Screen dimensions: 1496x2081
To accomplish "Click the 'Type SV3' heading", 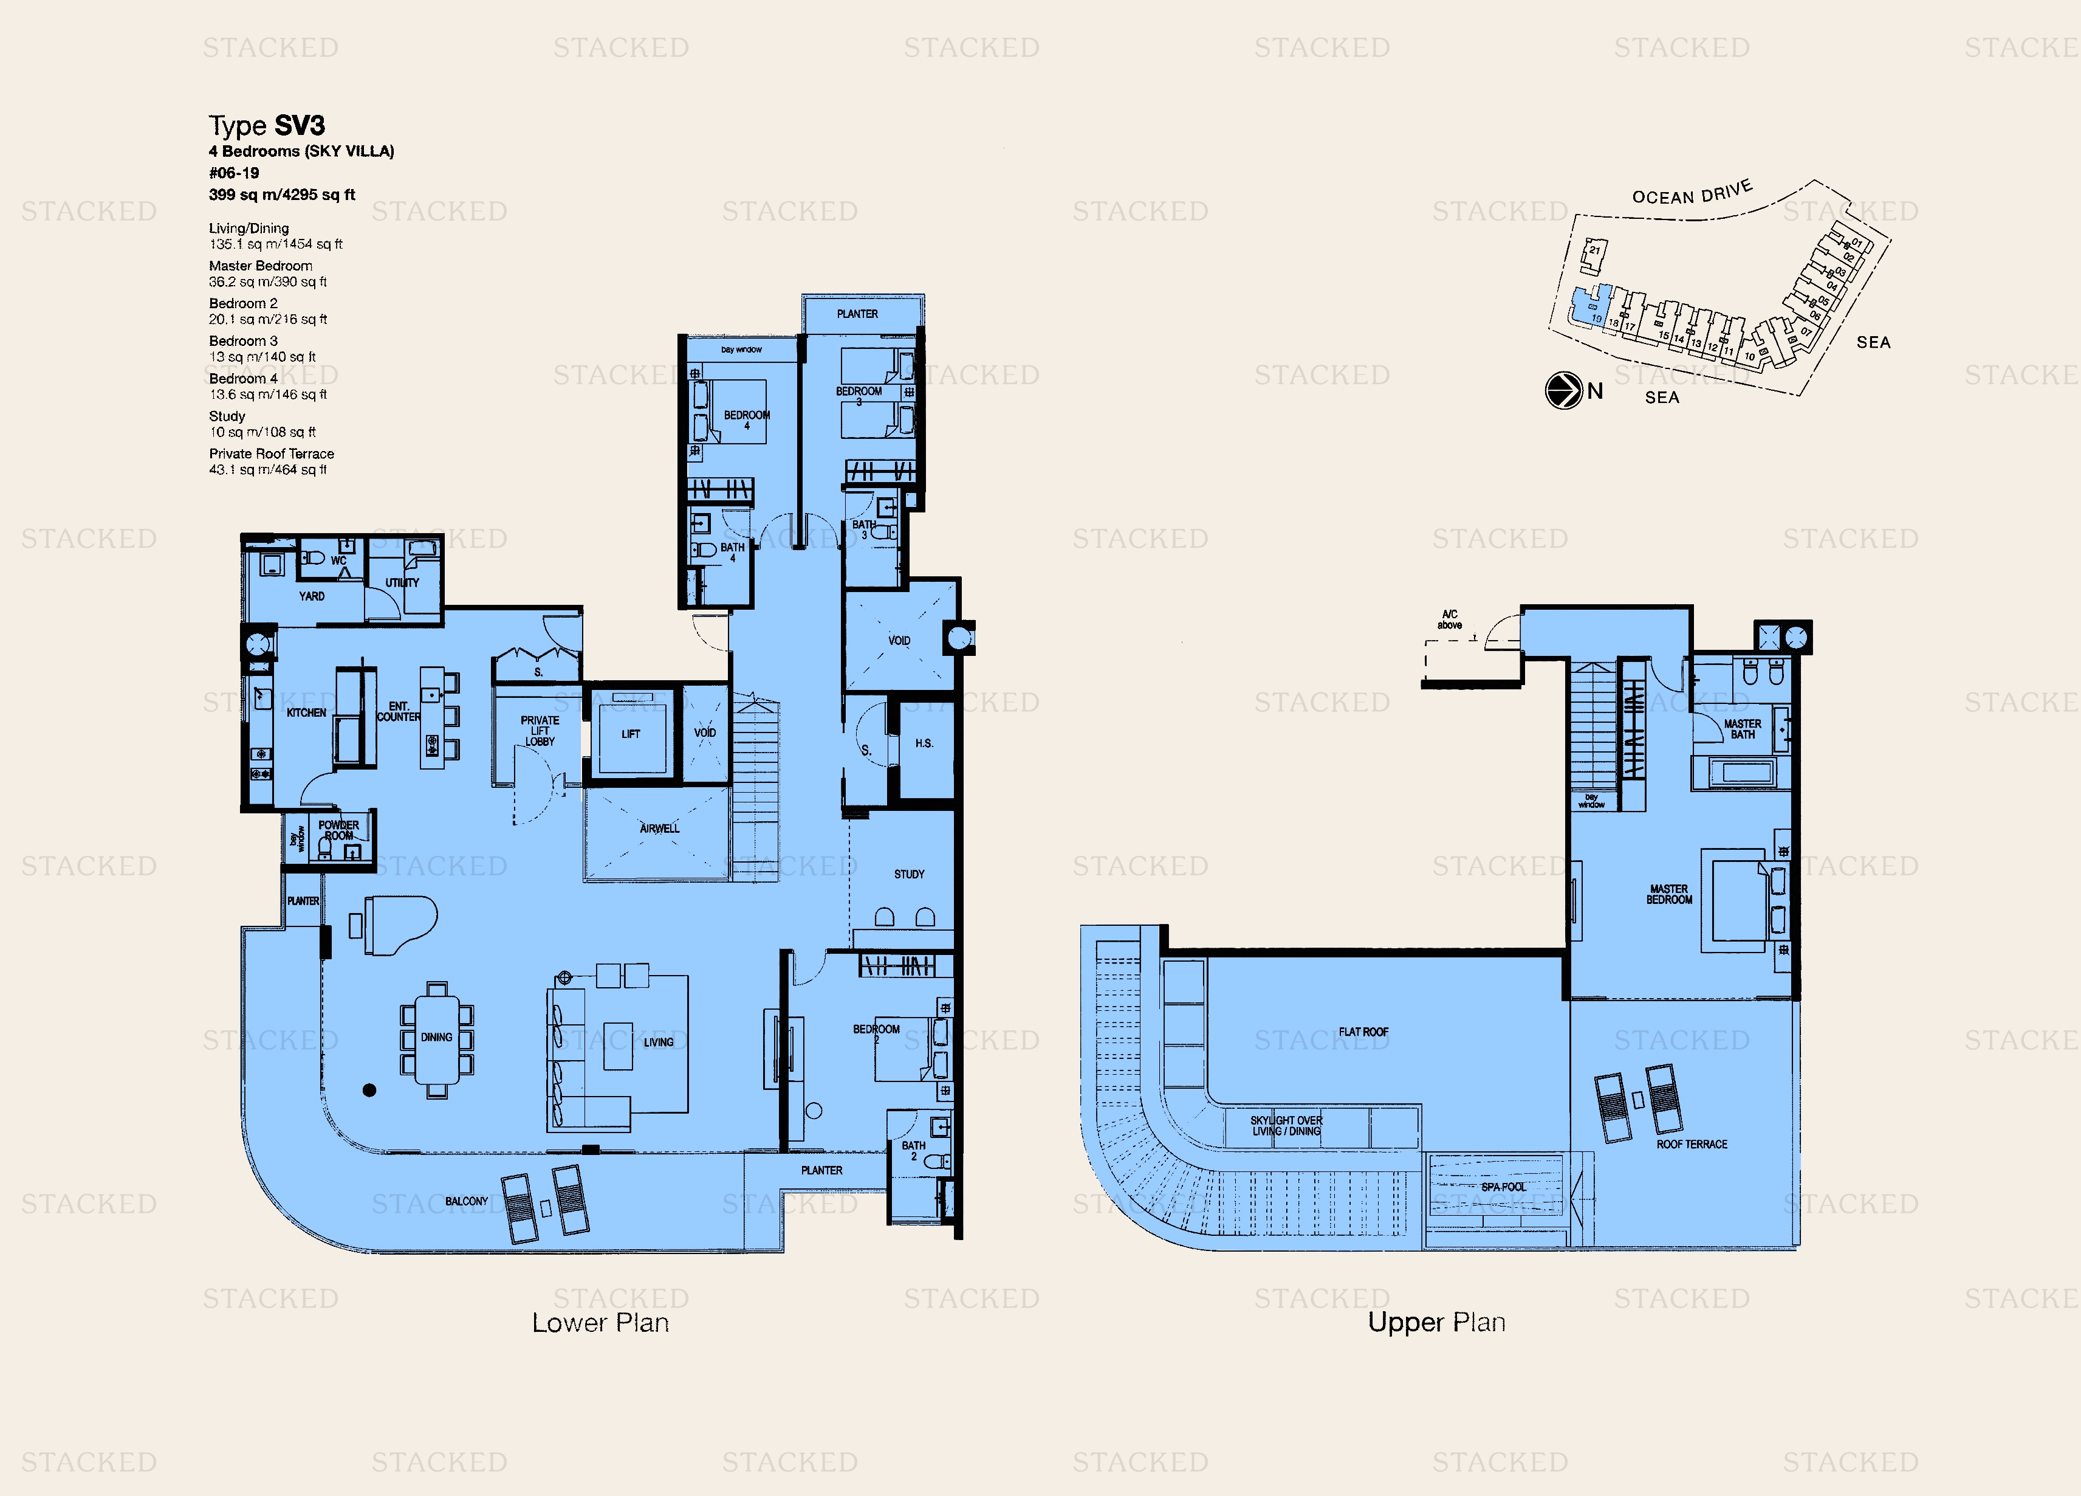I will pos(266,126).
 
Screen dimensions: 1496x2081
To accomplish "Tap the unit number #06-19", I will pos(234,173).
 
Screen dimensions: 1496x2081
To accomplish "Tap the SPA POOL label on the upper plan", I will pos(1503,1187).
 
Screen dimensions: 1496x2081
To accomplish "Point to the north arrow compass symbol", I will pos(1563,391).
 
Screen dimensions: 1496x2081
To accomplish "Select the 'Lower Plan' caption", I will pos(600,1323).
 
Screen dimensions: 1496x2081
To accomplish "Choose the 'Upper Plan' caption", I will pos(1436,1323).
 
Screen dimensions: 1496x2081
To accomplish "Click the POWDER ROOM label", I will pos(338,830).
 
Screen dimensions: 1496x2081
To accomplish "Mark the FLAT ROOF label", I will pos(1363,1032).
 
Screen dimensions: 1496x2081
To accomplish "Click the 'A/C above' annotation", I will pos(1450,619).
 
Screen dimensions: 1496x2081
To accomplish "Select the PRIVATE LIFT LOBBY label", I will pos(540,731).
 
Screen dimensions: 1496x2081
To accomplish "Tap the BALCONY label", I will pos(466,1201).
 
